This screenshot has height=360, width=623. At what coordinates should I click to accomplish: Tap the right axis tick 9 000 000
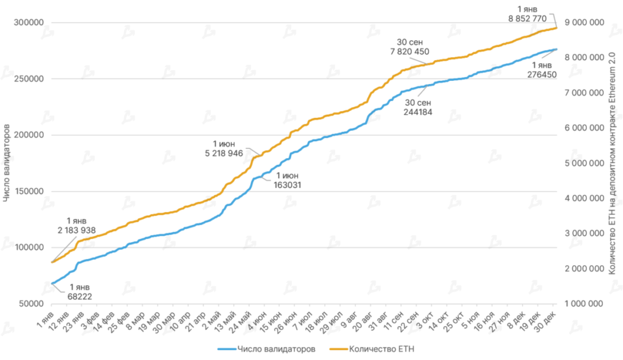586,22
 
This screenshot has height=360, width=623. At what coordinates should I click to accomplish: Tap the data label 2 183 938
77,230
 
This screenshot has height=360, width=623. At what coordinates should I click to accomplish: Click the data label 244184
418,112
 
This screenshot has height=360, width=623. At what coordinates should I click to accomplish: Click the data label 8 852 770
527,19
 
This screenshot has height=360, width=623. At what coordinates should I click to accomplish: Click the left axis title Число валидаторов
7,163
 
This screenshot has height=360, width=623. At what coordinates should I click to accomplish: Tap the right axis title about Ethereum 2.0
611,163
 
